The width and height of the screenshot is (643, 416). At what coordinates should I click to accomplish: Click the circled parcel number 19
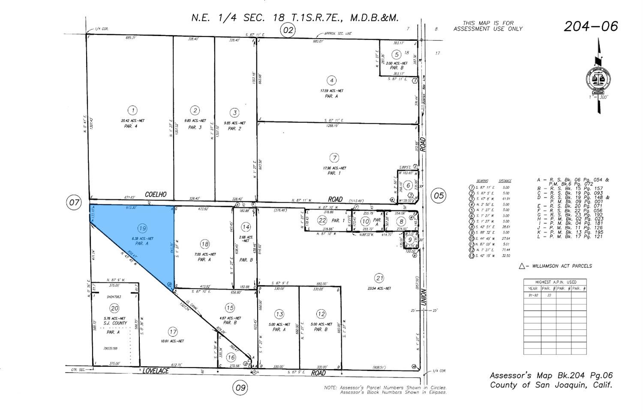pyautogui.click(x=142, y=228)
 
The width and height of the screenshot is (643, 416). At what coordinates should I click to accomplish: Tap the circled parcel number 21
pyautogui.click(x=379, y=278)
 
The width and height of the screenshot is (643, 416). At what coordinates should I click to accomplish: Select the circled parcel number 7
pyautogui.click(x=334, y=158)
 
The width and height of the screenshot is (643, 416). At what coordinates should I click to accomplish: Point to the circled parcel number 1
pyautogui.click(x=133, y=110)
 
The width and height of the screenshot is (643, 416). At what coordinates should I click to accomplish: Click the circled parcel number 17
pyautogui.click(x=172, y=331)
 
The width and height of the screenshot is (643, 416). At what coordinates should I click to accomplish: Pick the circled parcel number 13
pyautogui.click(x=279, y=314)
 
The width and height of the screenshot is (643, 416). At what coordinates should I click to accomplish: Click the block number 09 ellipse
pyautogui.click(x=240, y=388)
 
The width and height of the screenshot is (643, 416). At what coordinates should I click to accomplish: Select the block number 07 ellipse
pyautogui.click(x=74, y=202)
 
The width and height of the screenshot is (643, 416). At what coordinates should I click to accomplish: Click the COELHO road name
pyautogui.click(x=156, y=194)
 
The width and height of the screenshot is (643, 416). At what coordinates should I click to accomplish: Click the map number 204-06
pyautogui.click(x=591, y=27)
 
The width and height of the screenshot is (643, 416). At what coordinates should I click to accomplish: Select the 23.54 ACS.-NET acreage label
pyautogui.click(x=379, y=288)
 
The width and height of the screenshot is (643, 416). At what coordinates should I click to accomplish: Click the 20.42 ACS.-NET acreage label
pyautogui.click(x=132, y=121)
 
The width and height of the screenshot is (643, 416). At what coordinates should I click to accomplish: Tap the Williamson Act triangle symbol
pyautogui.click(x=522, y=266)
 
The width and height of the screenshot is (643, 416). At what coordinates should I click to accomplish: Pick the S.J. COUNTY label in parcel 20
pyautogui.click(x=114, y=323)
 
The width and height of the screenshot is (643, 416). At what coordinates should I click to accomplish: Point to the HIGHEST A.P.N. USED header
pyautogui.click(x=555, y=282)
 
